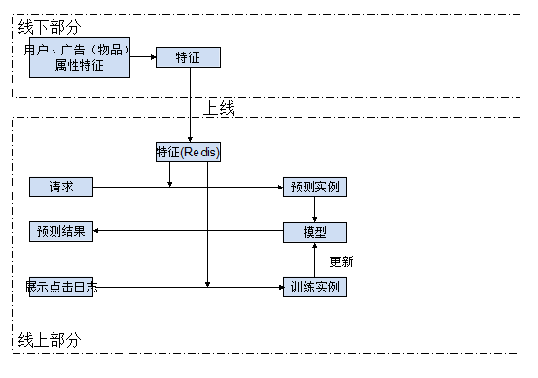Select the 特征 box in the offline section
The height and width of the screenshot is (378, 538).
(188, 57)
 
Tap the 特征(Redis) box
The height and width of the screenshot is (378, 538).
(188, 152)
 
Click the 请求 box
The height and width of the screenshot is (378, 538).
(61, 186)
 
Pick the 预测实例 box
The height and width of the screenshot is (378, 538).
(314, 186)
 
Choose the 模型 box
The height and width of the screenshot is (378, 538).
(314, 232)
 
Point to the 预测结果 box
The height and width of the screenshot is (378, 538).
(61, 232)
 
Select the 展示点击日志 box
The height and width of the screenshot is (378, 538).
(61, 287)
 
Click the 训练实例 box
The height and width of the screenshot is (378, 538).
(314, 287)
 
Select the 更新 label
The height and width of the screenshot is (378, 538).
(341, 260)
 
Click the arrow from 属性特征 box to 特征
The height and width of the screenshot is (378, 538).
(142, 57)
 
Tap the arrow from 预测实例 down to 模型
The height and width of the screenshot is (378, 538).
(314, 209)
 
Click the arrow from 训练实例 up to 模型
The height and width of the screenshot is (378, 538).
(314, 259)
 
